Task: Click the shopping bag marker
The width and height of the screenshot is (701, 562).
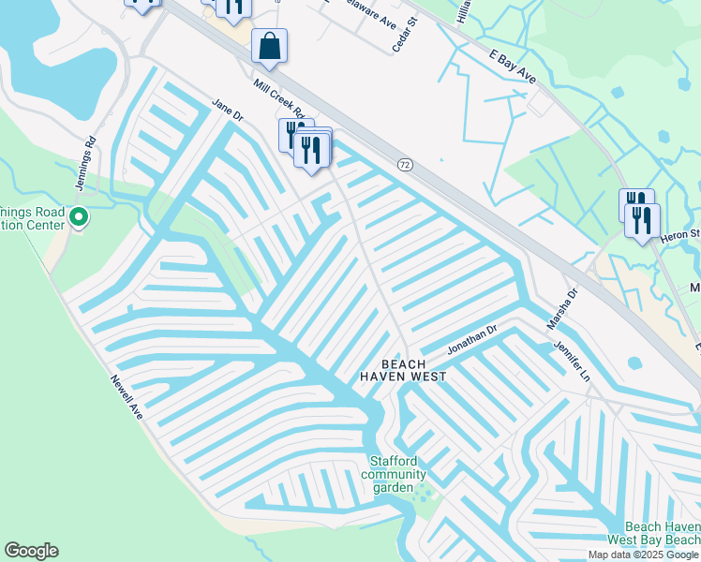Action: pyautogui.click(x=269, y=46)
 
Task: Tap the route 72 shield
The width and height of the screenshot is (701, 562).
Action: pyautogui.click(x=404, y=165)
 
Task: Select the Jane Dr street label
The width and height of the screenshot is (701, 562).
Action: pyautogui.click(x=227, y=111)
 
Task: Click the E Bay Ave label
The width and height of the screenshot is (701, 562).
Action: pyautogui.click(x=511, y=67)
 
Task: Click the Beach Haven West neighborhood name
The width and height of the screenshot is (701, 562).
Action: pyautogui.click(x=403, y=370)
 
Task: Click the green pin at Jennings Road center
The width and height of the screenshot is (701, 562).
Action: pyautogui.click(x=79, y=218)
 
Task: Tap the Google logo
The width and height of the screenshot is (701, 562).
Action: pyautogui.click(x=31, y=551)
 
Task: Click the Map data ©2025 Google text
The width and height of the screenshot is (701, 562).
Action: pyautogui.click(x=644, y=555)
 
